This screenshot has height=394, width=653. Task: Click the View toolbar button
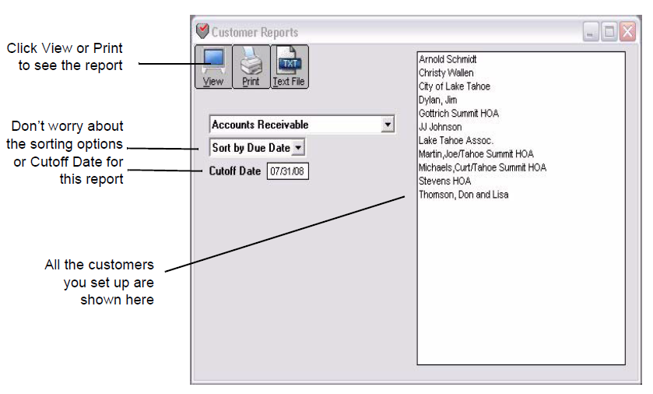(x=212, y=66)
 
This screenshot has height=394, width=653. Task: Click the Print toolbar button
(x=251, y=66)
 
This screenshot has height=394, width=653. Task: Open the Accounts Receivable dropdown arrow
(x=388, y=125)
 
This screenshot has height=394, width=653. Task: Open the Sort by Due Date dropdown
(x=258, y=148)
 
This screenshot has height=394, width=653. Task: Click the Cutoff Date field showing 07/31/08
(x=288, y=171)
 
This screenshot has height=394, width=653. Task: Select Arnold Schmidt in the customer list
(x=448, y=59)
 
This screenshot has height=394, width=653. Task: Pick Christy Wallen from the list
(x=446, y=73)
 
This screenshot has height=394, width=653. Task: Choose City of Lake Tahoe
(x=455, y=86)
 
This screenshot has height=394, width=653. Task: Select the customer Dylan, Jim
(x=438, y=100)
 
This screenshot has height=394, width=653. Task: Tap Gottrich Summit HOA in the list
(x=458, y=114)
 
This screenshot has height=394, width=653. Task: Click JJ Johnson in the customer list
(x=441, y=127)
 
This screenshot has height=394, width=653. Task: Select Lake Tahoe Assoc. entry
(x=456, y=140)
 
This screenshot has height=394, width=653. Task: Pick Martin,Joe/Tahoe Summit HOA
(x=476, y=154)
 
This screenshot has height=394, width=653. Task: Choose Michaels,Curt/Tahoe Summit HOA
(x=483, y=167)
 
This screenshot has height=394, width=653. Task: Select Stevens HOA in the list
(x=444, y=181)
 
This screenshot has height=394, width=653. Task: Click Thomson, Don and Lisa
(x=463, y=195)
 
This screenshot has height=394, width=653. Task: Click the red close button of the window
(x=627, y=32)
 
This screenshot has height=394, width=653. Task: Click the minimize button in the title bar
(x=592, y=32)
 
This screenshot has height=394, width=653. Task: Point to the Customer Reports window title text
(x=255, y=33)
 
